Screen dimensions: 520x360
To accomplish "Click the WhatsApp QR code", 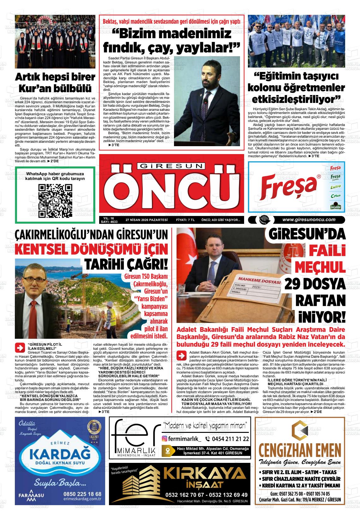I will tap(55, 201).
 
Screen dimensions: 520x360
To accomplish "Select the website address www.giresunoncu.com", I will tap(309, 220).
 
